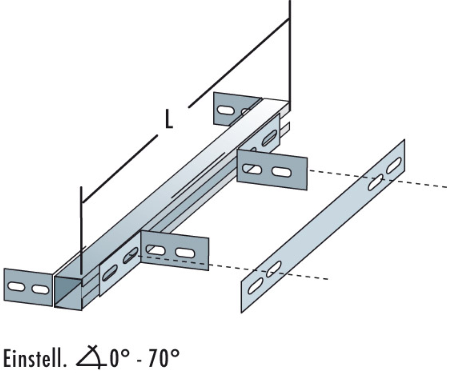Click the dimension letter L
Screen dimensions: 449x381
(x=169, y=119)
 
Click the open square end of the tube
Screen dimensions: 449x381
(x=68, y=293)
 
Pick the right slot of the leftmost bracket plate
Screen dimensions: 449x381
(x=40, y=289)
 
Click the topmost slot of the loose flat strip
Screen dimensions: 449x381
(x=394, y=165)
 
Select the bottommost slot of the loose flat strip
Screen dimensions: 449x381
(x=255, y=286)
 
